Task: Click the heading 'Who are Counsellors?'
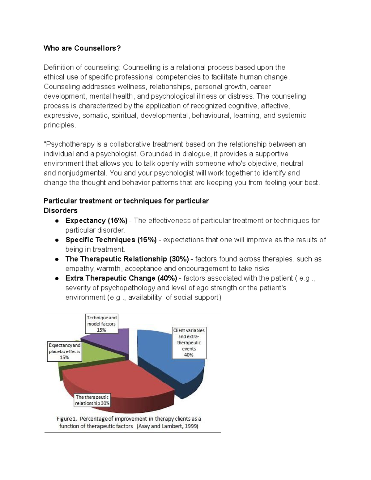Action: point(82,48)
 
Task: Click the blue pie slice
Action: point(164,355)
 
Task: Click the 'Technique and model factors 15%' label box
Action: point(101,324)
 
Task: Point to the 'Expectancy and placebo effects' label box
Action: point(64,351)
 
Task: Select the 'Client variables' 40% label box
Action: point(189,342)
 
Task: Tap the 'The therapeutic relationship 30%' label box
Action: point(92,400)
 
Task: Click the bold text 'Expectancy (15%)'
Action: point(96,221)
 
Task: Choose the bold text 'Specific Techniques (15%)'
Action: point(111,240)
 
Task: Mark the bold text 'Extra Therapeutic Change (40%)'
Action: point(121,278)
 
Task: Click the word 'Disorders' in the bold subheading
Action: point(61,211)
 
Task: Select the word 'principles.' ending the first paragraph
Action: point(59,125)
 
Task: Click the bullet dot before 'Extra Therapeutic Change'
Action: point(57,278)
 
